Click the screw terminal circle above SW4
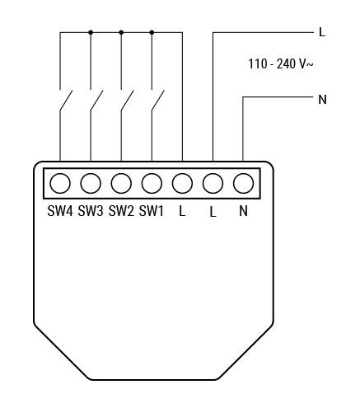click(x=60, y=183)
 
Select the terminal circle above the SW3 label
click(x=91, y=183)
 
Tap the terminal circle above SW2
click(x=121, y=183)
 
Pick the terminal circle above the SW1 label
click(x=152, y=183)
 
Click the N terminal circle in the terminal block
click(x=243, y=183)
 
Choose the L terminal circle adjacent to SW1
click(x=182, y=183)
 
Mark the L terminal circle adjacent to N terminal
click(x=213, y=183)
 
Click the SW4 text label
click(x=60, y=211)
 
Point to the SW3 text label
click(x=91, y=211)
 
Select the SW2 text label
click(x=121, y=211)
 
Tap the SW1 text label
click(x=152, y=211)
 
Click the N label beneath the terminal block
click(x=243, y=211)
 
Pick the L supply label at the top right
click(x=322, y=32)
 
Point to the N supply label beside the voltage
click(x=322, y=99)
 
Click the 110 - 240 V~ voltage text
click(x=281, y=64)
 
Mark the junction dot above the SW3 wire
click(x=91, y=32)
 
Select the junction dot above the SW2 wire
click(x=121, y=32)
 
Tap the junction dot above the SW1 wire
click(x=152, y=32)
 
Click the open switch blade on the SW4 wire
click(x=66, y=101)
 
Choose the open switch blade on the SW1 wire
click(x=157, y=101)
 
